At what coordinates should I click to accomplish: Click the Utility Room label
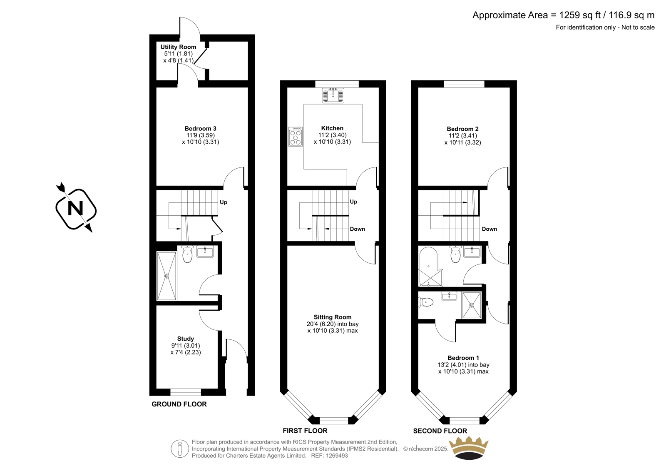tap(179, 47)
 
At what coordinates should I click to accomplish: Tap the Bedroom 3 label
tap(200, 129)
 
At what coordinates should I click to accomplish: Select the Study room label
tap(186, 339)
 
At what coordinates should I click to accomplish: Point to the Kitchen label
tap(333, 128)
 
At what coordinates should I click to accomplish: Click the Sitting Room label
tap(333, 317)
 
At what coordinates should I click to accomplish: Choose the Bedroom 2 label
tap(462, 129)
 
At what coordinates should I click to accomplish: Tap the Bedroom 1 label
tap(463, 358)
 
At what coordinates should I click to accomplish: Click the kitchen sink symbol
tap(333, 95)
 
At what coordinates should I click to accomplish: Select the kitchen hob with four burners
tap(296, 137)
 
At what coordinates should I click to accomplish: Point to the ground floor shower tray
tap(167, 276)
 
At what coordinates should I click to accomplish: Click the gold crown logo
tap(469, 448)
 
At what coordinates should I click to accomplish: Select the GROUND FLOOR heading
tap(179, 404)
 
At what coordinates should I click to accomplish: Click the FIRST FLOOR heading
tap(305, 431)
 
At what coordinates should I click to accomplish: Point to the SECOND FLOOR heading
tap(440, 431)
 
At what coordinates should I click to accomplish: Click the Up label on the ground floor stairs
tap(223, 202)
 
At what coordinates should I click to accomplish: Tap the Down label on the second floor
tap(490, 229)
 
